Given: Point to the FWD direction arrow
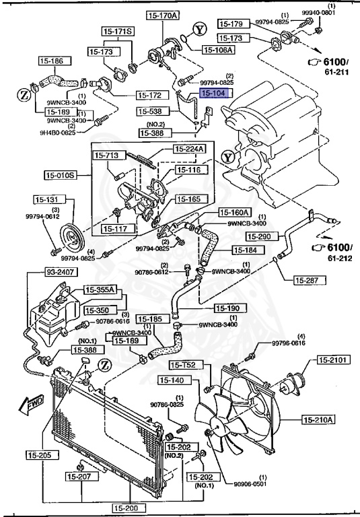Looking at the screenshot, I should click(30, 404).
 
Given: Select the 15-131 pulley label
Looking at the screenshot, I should click(49, 200).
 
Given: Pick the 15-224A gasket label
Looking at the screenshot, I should click(191, 149).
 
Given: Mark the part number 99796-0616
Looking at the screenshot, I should click(289, 343).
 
